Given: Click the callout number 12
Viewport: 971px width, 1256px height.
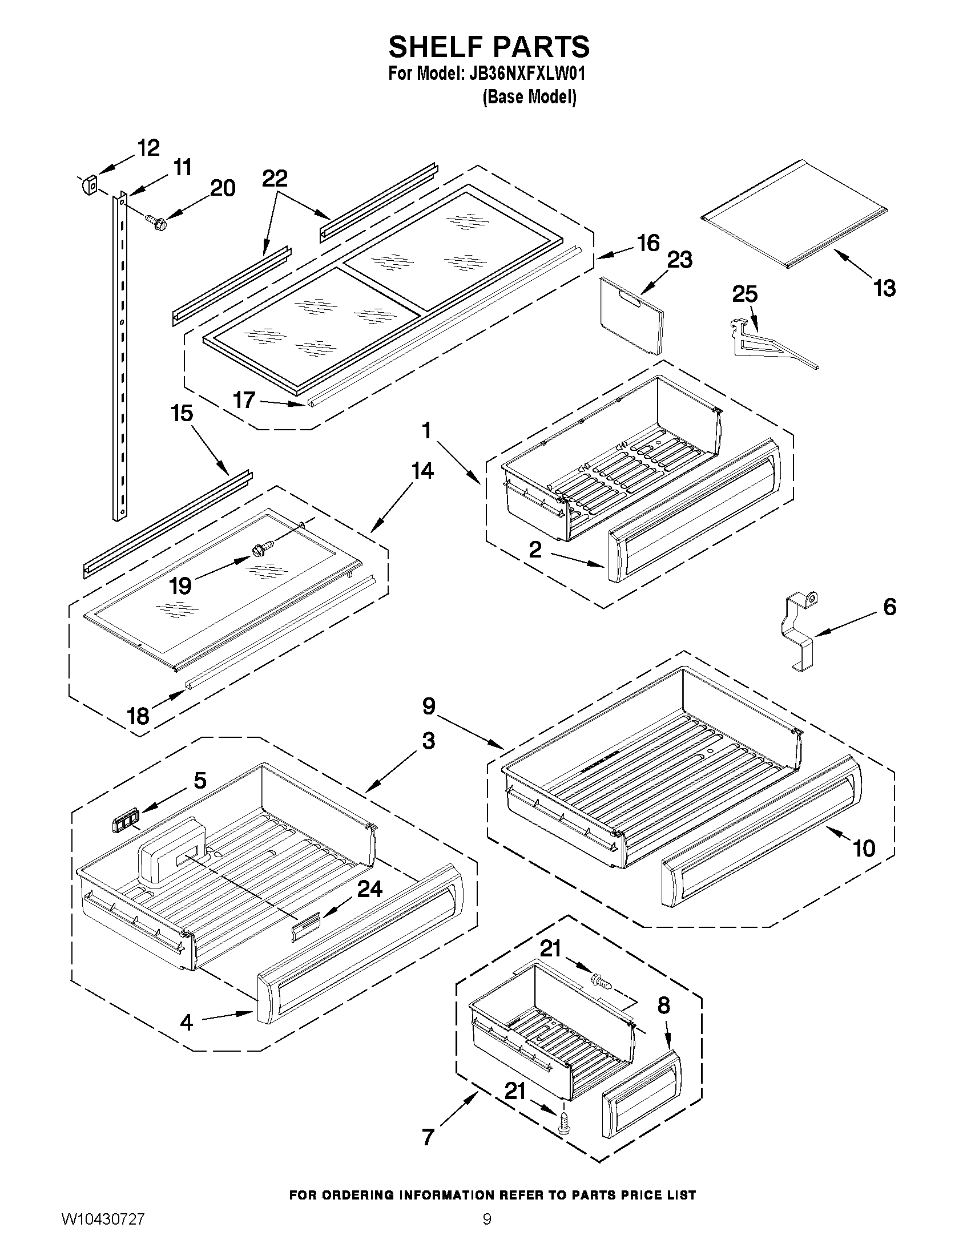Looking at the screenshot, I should (148, 148).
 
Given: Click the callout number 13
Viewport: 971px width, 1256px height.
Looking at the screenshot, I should (884, 288).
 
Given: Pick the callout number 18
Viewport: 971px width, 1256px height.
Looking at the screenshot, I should (138, 716).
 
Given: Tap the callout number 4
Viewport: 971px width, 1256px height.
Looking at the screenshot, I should (186, 1022).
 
